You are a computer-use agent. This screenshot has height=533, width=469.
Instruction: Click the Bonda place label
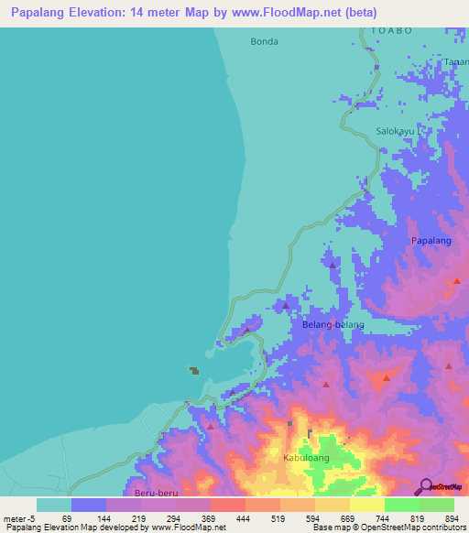pos(264,41)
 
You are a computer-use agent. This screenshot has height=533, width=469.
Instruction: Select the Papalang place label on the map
pos(431,240)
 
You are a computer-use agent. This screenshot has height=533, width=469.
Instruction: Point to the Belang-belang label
pos(333,325)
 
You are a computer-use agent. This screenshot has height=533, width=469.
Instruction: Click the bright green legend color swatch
pos(401,505)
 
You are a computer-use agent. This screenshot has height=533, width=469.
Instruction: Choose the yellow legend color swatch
pos(366,505)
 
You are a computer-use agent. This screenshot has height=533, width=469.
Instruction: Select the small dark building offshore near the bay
pos(194,370)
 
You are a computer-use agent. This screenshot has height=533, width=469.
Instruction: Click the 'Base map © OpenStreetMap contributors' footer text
pos(385,528)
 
